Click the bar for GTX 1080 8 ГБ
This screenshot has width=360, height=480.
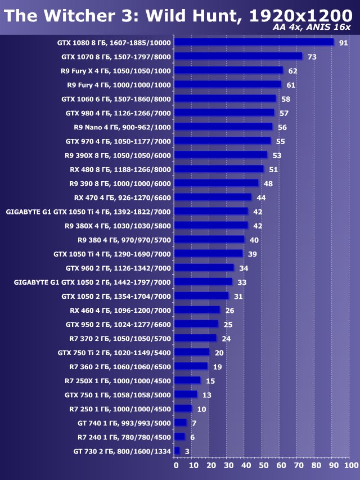(254, 42)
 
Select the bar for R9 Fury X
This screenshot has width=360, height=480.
(228, 70)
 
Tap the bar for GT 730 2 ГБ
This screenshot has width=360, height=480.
(177, 451)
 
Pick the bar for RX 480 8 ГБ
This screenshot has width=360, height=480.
(219, 169)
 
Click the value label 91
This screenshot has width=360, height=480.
(343, 43)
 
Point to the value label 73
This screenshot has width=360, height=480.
(311, 57)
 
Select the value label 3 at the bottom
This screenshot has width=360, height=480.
(186, 451)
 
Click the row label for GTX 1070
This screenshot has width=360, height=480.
(116, 57)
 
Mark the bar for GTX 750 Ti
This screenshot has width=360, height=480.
(192, 352)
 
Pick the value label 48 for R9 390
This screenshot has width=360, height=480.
(268, 183)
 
